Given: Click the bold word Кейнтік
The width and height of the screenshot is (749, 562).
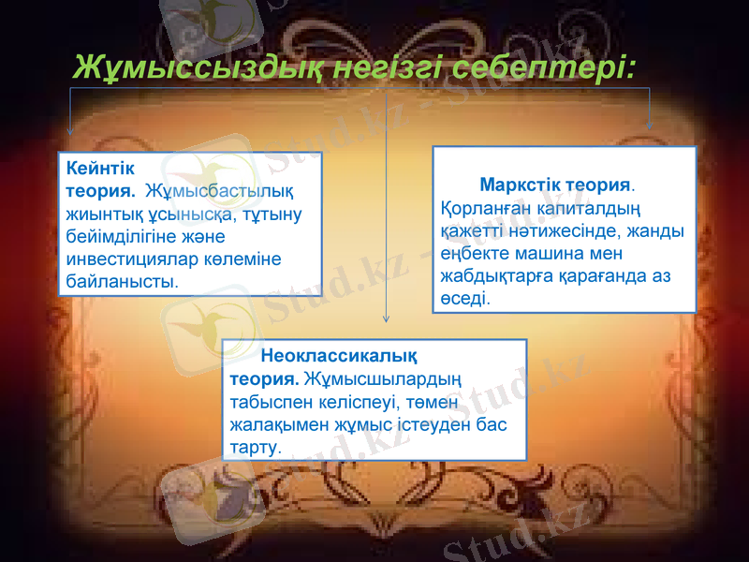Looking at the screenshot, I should click(101, 170).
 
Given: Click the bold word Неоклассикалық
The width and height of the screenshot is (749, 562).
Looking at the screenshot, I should click(339, 356).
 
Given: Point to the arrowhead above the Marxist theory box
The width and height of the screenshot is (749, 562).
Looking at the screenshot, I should click(650, 125).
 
